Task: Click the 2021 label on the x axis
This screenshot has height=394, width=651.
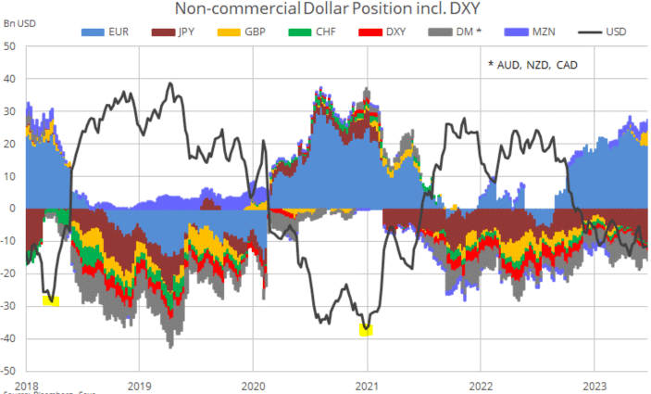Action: pos(367,384)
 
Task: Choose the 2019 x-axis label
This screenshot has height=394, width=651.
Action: pos(139,384)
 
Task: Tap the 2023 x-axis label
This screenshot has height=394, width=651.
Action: pos(595,384)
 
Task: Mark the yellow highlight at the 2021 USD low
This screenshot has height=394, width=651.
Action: pos(367,328)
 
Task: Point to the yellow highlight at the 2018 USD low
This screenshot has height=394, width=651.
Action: pos(51,299)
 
